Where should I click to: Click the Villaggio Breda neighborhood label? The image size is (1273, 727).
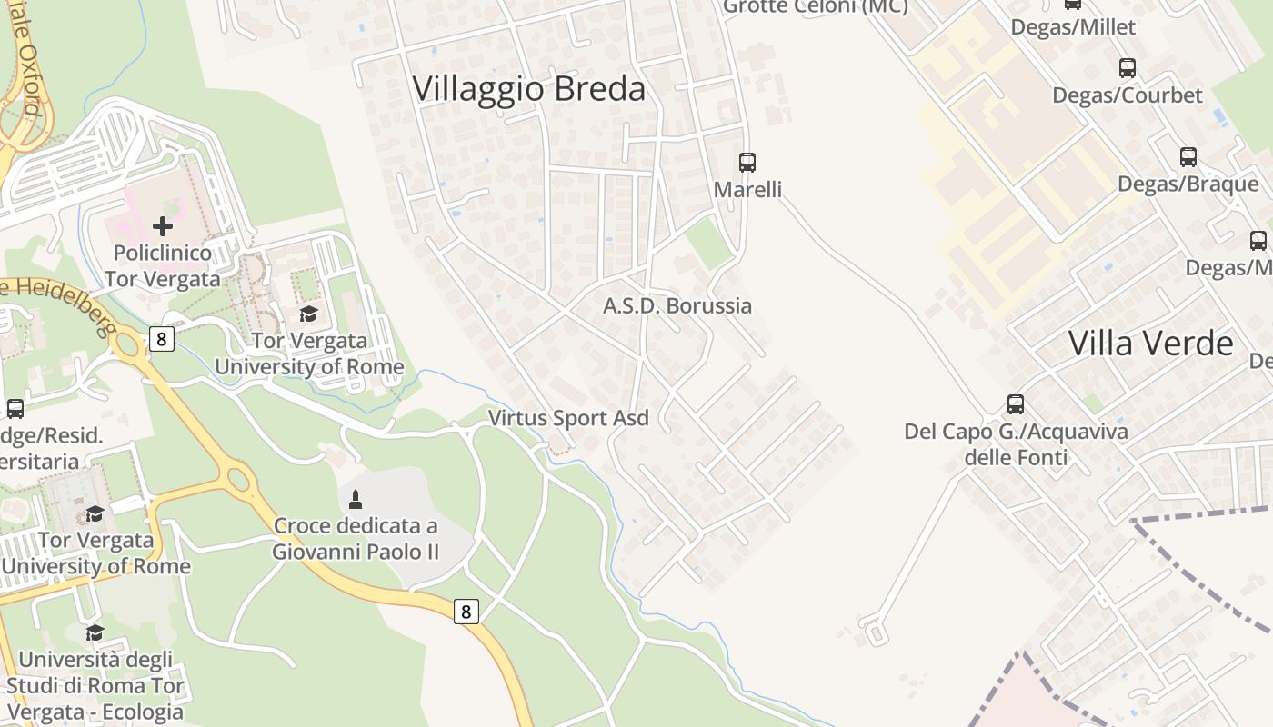[528, 89]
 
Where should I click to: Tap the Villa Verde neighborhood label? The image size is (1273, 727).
[1150, 344]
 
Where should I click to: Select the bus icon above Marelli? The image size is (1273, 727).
[747, 163]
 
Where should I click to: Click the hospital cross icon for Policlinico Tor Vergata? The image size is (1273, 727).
[163, 225]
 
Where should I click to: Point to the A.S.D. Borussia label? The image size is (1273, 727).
[677, 305]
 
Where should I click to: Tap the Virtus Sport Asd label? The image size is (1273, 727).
[568, 418]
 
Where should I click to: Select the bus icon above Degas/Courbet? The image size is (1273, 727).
[1128, 68]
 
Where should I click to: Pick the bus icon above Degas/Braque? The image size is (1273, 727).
[1188, 157]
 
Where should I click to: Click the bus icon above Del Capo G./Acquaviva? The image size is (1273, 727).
[1016, 404]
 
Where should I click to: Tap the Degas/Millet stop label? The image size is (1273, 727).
[1073, 27]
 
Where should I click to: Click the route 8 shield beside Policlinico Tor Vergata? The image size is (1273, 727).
[162, 339]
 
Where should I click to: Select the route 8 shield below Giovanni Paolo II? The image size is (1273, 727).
[466, 612]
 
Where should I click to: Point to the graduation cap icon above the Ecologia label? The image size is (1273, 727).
[95, 632]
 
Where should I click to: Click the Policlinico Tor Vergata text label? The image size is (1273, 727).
[162, 265]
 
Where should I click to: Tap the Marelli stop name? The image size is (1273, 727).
[747, 190]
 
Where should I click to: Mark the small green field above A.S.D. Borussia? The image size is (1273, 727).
[708, 243]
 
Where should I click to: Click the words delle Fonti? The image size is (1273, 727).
[1016, 457]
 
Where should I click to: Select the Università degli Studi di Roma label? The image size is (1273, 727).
[95, 672]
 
